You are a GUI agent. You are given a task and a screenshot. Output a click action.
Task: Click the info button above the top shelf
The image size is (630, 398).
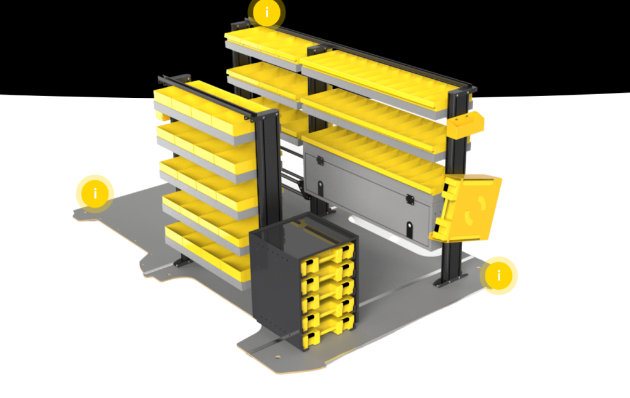tap(266, 12)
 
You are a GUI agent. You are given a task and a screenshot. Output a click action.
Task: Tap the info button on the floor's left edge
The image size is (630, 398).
tap(95, 194)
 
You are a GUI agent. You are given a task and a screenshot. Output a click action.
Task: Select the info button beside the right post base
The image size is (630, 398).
tap(499, 275)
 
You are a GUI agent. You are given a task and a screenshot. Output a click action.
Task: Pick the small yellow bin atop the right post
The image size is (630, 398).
tap(465, 124)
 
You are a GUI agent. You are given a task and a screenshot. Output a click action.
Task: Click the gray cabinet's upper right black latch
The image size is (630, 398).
tap(409, 199)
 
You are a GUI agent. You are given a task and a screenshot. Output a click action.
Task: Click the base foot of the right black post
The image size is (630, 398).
tap(445, 281)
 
